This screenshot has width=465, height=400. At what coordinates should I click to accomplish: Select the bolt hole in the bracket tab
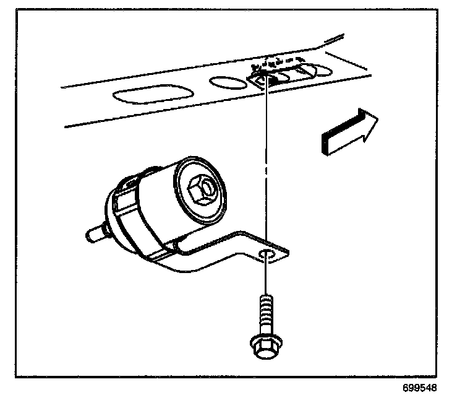click(x=267, y=254)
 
